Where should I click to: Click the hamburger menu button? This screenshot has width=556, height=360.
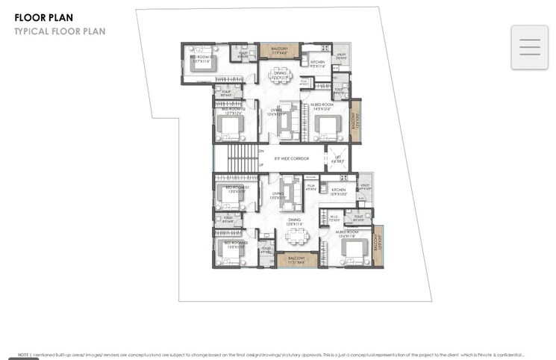click(x=530, y=47)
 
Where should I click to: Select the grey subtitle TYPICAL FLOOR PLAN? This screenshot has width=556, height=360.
click(x=60, y=31)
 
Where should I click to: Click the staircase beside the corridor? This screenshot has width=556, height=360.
click(x=241, y=158)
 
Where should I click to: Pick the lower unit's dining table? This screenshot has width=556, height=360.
click(x=298, y=235)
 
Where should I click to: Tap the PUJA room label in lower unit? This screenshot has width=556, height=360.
click(x=311, y=187)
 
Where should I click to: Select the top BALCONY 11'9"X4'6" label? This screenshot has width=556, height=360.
click(x=279, y=51)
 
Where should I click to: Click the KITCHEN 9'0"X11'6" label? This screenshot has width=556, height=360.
click(x=318, y=64)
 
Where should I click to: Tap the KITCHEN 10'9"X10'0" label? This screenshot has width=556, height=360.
click(x=339, y=191)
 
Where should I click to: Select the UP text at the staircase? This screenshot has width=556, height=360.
click(x=260, y=165)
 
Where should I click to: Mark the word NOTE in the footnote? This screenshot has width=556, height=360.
click(x=23, y=355)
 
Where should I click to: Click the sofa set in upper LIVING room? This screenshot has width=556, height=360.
click(x=287, y=120)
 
